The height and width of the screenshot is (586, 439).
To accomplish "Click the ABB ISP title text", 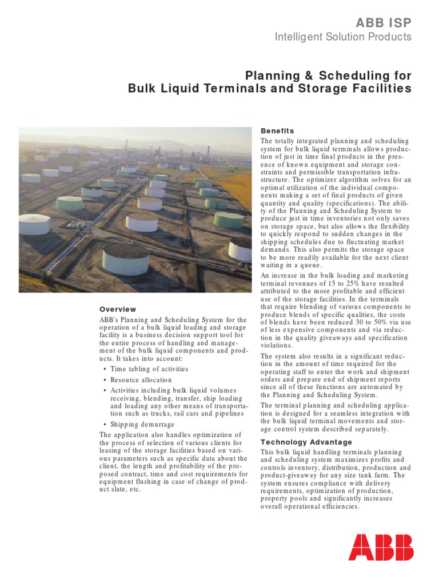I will [384, 22].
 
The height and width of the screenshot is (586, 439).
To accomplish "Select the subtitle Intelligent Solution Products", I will [343, 37].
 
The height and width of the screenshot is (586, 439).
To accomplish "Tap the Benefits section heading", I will [277, 131].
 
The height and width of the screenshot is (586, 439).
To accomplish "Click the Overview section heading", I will [118, 309].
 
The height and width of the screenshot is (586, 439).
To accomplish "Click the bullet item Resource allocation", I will [141, 380].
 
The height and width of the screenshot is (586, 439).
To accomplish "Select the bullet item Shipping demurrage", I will [142, 424].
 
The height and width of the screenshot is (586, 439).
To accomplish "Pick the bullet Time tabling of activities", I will [149, 369].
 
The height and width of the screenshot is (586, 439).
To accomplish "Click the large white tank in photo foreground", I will [126, 259].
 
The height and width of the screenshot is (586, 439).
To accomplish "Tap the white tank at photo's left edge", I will [34, 224].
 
